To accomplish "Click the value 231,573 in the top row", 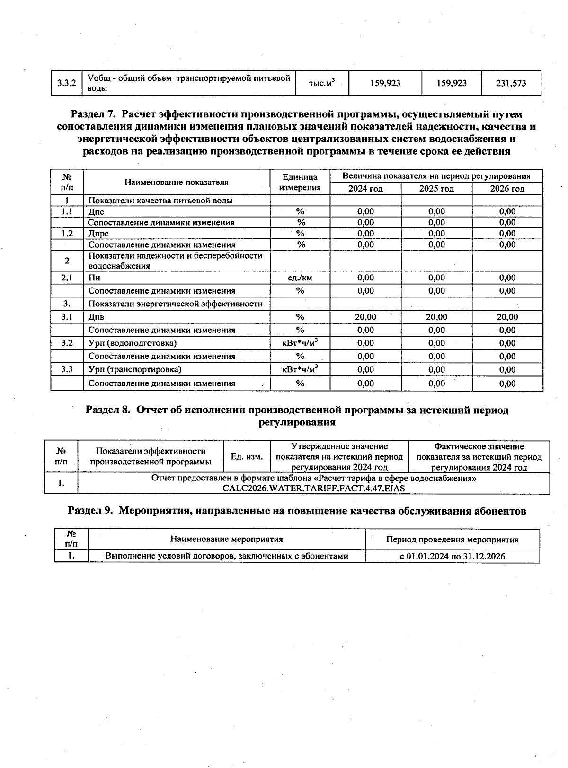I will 511,83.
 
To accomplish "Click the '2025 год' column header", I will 436,189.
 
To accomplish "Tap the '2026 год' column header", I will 507,189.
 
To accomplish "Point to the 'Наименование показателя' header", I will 176,182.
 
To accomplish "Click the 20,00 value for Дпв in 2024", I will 365,317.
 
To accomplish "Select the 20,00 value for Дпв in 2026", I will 507,317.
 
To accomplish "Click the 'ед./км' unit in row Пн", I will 300,278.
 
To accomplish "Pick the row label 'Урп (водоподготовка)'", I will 132,343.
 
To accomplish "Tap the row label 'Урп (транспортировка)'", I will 134,369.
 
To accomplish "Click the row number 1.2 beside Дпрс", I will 67,233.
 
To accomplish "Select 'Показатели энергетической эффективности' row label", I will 175,304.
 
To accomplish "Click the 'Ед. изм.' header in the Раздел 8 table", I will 246,456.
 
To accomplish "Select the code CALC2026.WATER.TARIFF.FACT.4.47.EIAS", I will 313,488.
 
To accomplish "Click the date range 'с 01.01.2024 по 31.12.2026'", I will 452,556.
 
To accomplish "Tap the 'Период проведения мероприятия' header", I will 452,540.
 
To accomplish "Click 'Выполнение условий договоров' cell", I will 226,556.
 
